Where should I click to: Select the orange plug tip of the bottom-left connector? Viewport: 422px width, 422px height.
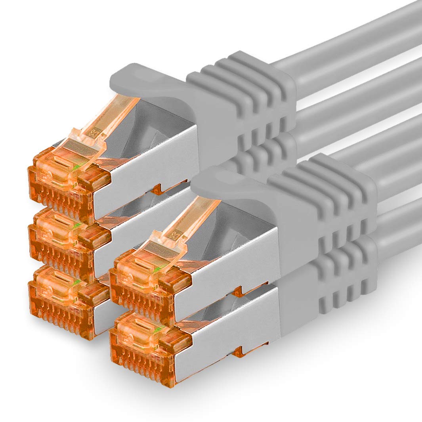point(59,297)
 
